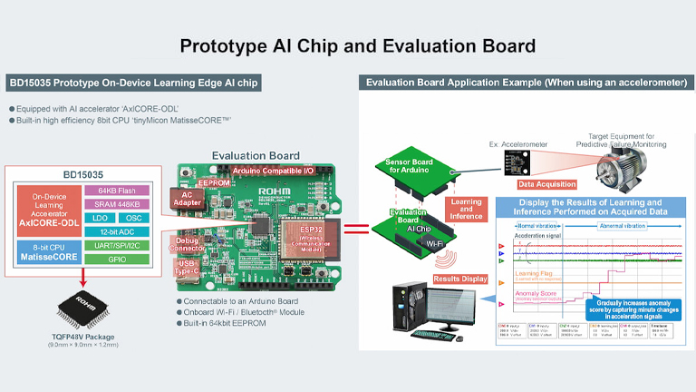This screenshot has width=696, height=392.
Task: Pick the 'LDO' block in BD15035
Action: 98,219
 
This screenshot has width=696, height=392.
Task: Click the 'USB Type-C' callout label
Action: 188,268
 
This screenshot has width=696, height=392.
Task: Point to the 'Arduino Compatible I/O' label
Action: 273,171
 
